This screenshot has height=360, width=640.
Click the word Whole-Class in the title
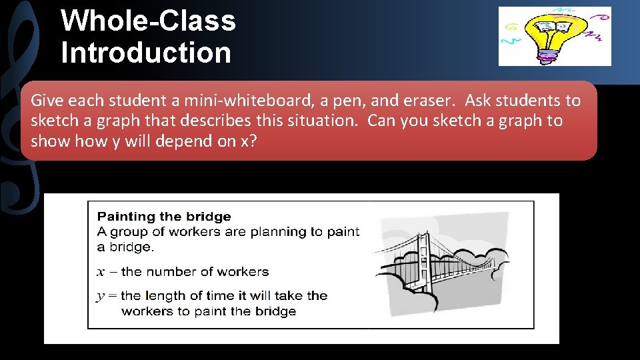[148, 21]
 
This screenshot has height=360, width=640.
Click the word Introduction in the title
[146, 53]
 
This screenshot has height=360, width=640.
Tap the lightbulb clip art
[554, 36]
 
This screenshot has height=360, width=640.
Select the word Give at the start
[47, 101]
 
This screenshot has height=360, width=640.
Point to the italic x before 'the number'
[101, 272]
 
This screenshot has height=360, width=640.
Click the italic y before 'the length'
[101, 295]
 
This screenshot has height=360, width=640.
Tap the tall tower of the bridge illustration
[422, 261]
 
